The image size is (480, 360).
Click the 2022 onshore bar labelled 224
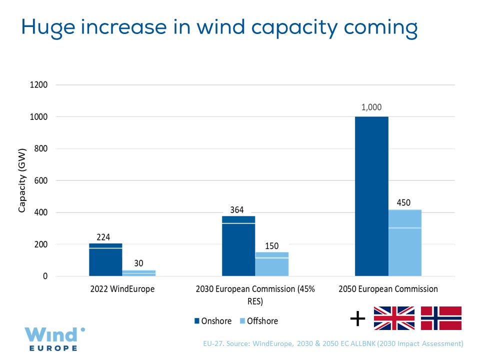[x=105, y=259]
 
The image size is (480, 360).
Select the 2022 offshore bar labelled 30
[x=139, y=273]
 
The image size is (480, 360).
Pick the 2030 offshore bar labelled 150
[x=272, y=264]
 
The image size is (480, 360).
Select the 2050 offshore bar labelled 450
[x=405, y=243]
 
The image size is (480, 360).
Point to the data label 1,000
[x=371, y=107]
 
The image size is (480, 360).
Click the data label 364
[x=236, y=210]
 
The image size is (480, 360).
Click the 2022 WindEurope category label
[x=122, y=289]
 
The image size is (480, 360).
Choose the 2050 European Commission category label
[x=388, y=289]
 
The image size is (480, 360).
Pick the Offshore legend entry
[x=259, y=321]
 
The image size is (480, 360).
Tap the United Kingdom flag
[x=394, y=318]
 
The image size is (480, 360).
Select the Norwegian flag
[x=441, y=318]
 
